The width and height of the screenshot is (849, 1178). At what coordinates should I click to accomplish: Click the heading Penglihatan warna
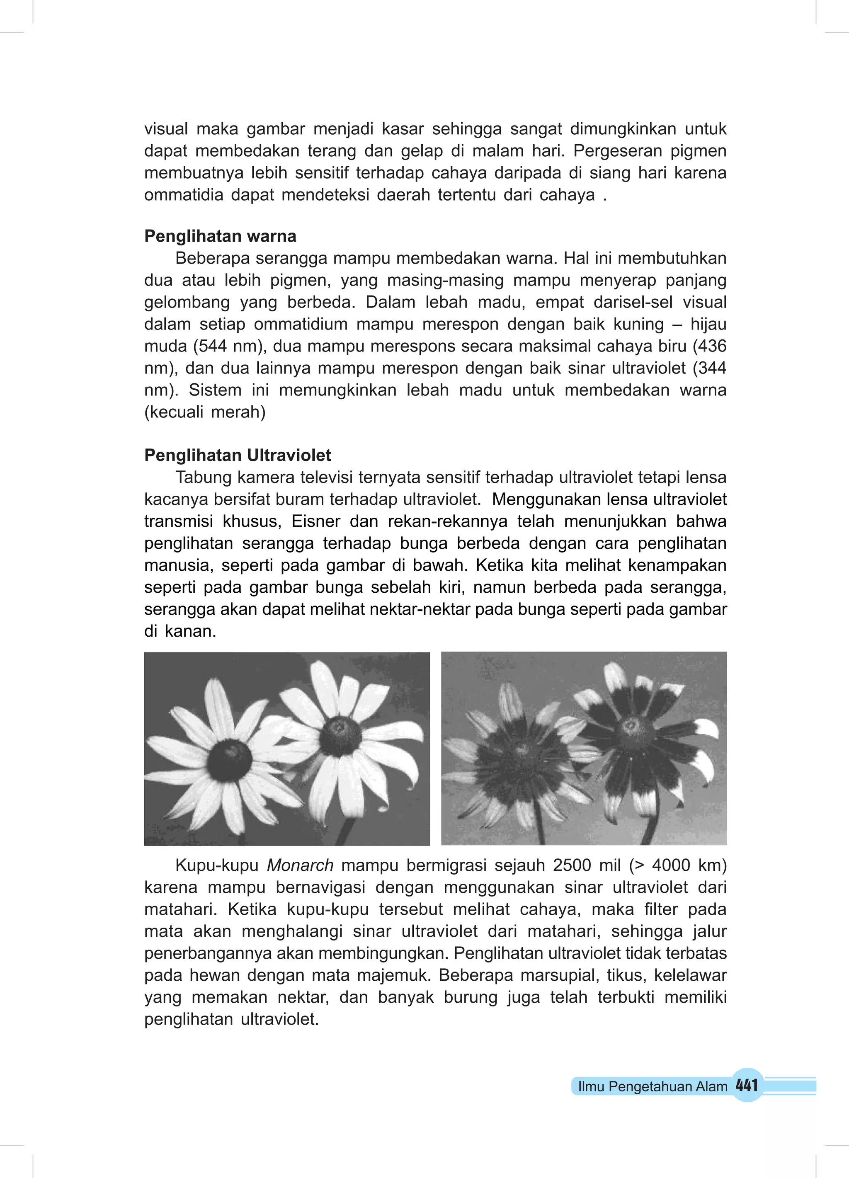pyautogui.click(x=220, y=236)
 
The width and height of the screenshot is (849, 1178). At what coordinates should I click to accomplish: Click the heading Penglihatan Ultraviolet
pyautogui.click(x=238, y=456)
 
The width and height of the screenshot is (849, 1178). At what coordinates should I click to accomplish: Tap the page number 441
pyautogui.click(x=747, y=1085)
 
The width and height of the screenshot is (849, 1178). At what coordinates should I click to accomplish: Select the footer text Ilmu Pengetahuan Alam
pyautogui.click(x=653, y=1086)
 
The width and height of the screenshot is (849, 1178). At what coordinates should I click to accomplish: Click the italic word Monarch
pyautogui.click(x=300, y=865)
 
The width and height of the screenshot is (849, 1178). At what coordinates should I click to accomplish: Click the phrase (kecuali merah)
pyautogui.click(x=205, y=412)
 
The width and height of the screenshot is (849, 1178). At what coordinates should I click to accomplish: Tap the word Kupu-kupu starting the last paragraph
pyautogui.click(x=217, y=865)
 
